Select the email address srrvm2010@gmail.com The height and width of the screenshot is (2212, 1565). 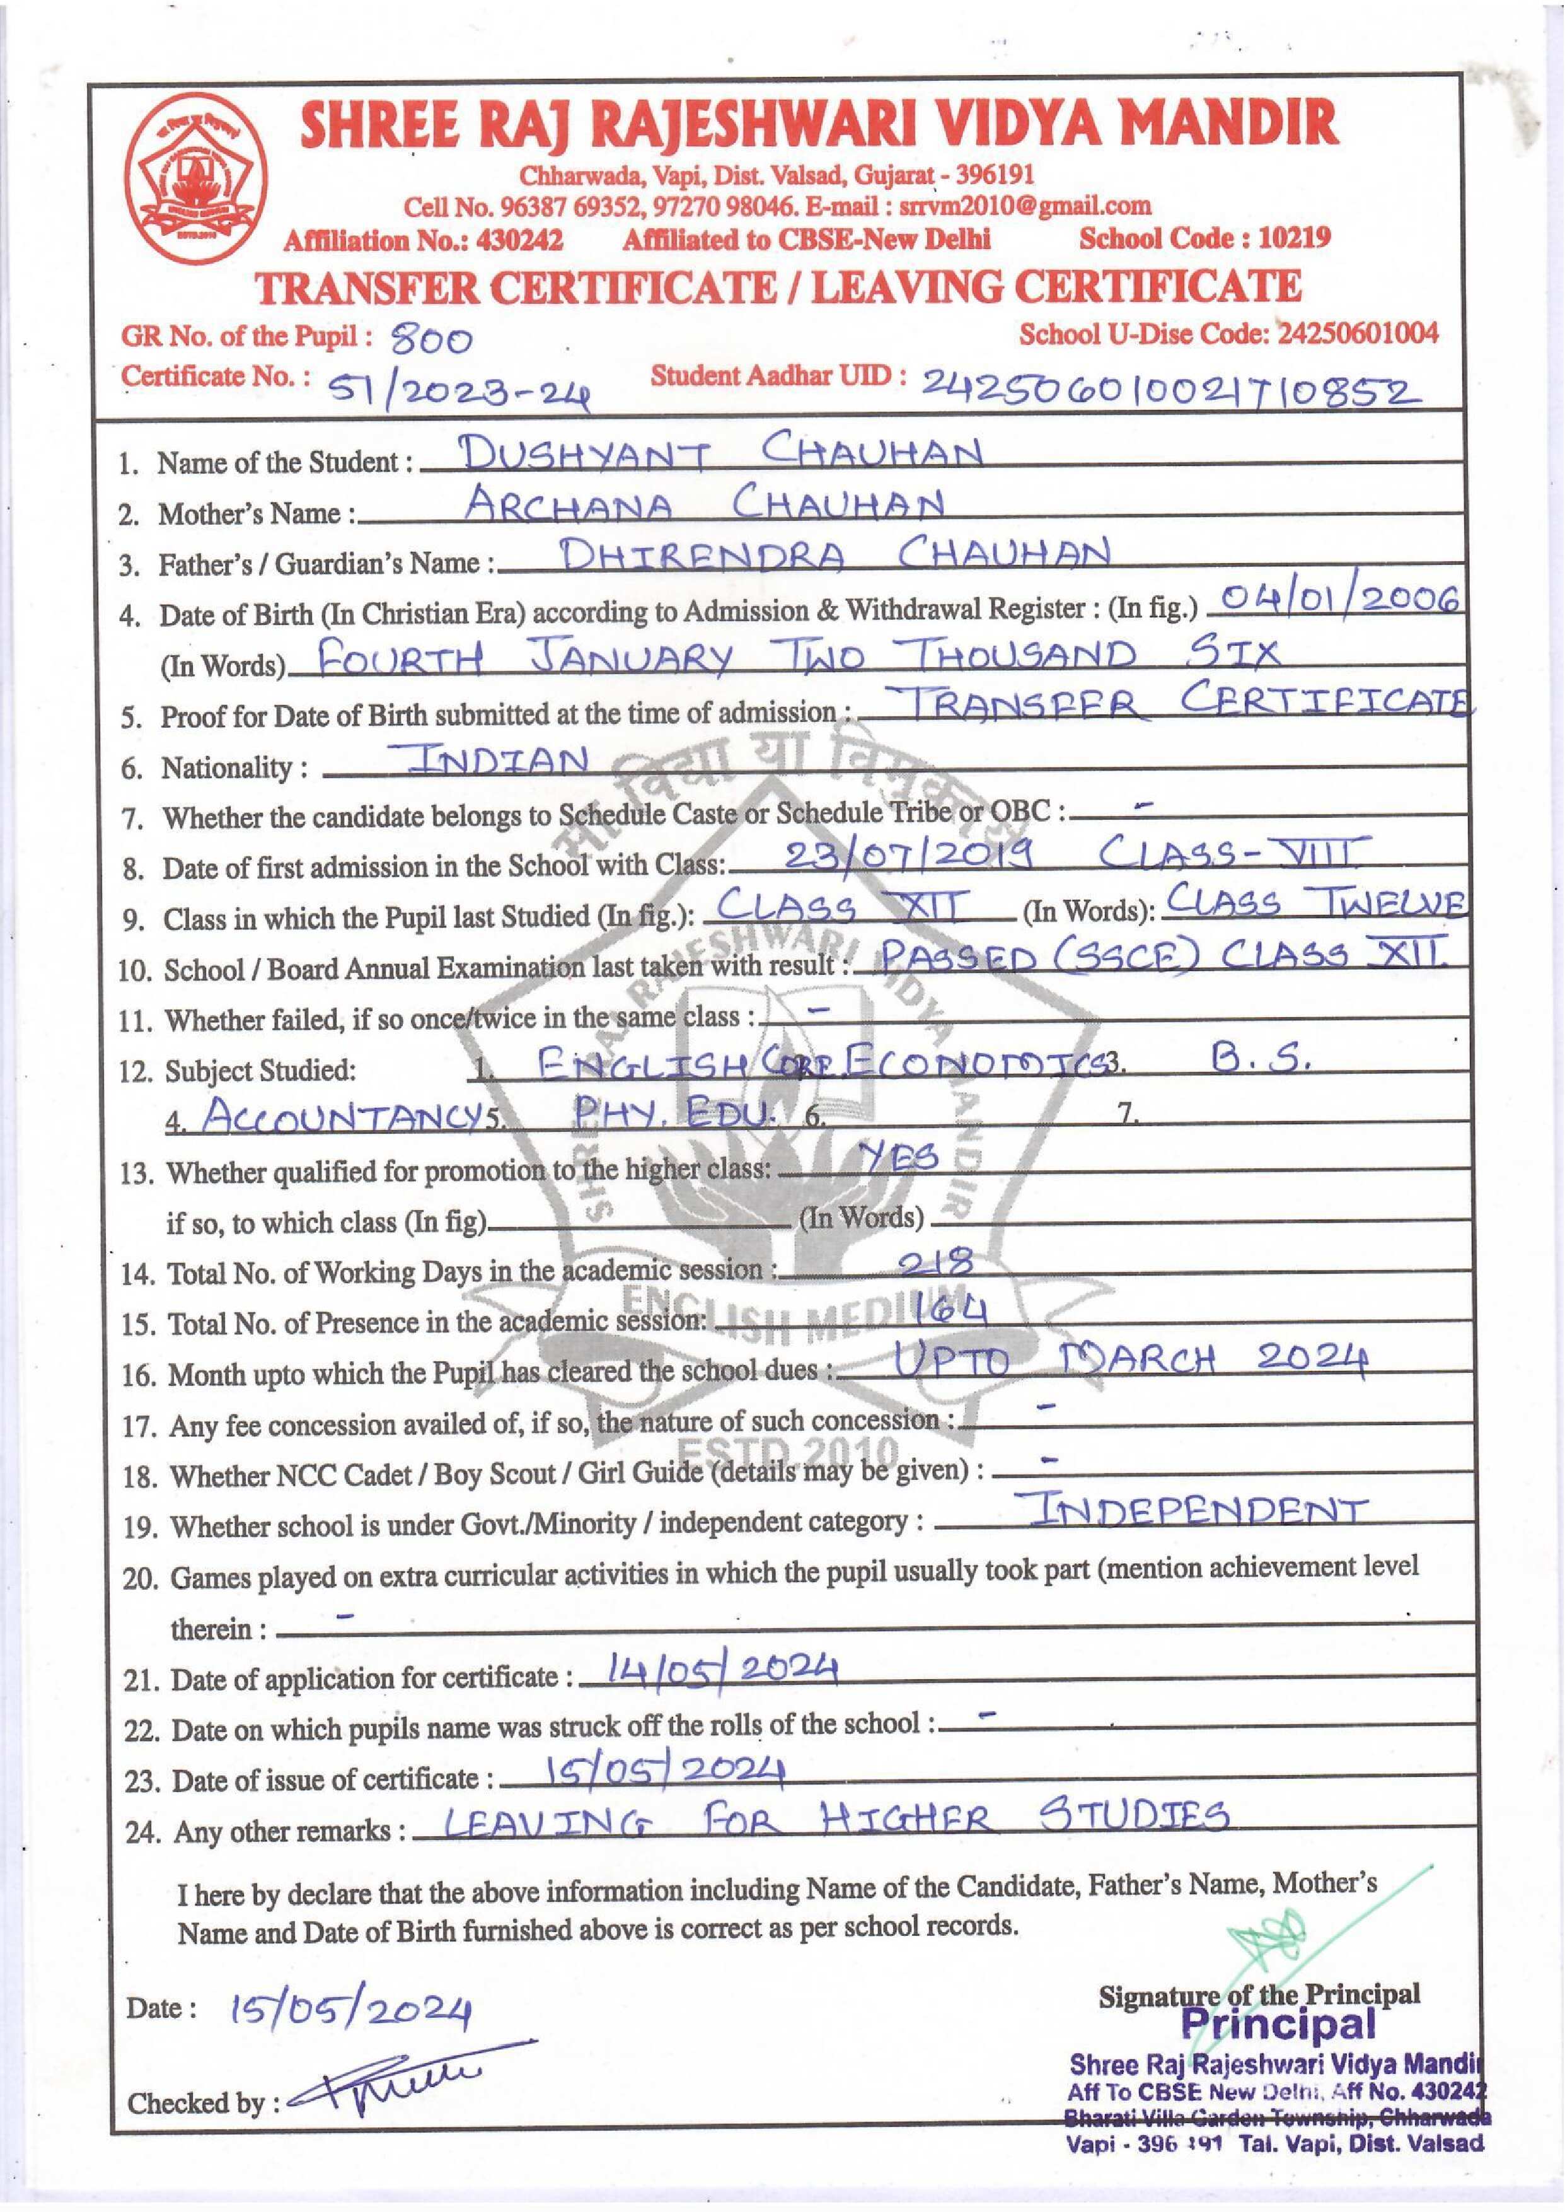tap(1024, 206)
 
